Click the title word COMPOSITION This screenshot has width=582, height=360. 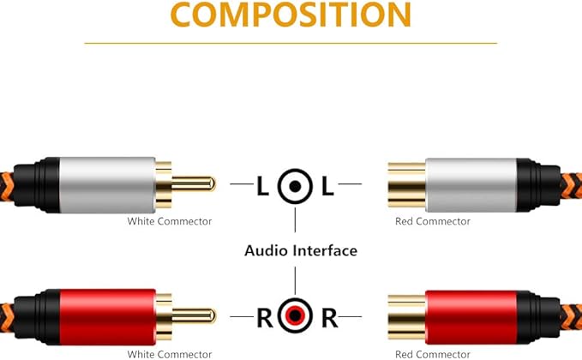(x=290, y=15)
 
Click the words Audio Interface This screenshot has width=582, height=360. (x=300, y=251)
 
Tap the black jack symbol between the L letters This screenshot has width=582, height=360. (x=295, y=186)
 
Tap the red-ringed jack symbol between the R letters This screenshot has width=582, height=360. (x=295, y=318)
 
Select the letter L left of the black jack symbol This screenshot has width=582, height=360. (x=262, y=186)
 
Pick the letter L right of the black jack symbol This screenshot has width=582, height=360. (x=327, y=186)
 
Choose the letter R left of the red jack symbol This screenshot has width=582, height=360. (x=264, y=318)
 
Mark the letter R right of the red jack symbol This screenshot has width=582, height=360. (x=329, y=318)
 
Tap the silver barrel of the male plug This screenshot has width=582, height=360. (x=107, y=183)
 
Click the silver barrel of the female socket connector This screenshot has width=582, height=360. (x=471, y=183)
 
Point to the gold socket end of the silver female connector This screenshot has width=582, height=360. (x=406, y=183)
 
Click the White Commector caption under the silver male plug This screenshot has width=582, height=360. (x=169, y=222)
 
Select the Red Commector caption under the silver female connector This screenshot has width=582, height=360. (x=432, y=222)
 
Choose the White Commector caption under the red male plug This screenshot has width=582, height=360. (x=169, y=354)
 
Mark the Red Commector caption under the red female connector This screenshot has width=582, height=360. (x=432, y=354)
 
